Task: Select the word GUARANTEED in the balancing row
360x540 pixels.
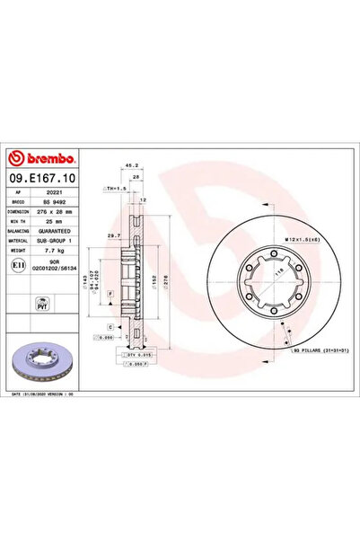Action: coord(57,231)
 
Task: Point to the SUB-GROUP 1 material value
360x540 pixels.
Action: coord(57,241)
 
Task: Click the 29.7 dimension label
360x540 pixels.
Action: coord(113,235)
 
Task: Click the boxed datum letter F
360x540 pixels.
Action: coord(109,294)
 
